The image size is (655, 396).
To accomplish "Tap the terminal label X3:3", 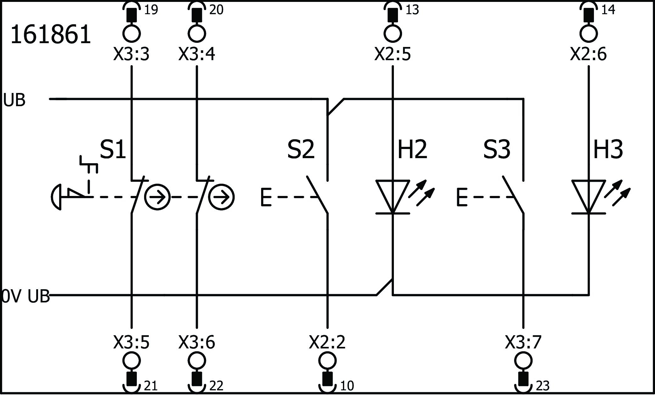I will pyautogui.click(x=131, y=55).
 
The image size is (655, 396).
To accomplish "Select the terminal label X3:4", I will pyautogui.click(x=197, y=55).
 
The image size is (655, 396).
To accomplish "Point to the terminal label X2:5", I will pyautogui.click(x=392, y=55).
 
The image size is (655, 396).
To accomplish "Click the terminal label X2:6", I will pyautogui.click(x=588, y=55).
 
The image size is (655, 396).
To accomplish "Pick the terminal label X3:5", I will pyautogui.click(x=131, y=342).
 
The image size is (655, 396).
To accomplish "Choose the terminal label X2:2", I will pyautogui.click(x=327, y=342).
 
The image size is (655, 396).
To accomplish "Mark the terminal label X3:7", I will pyautogui.click(x=523, y=342).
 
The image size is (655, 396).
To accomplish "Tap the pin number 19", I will pyautogui.click(x=151, y=10).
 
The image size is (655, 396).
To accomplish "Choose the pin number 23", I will pyautogui.click(x=542, y=386).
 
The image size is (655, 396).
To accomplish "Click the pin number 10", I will pyautogui.click(x=347, y=386).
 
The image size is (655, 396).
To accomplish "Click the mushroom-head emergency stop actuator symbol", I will pyautogui.click(x=57, y=197).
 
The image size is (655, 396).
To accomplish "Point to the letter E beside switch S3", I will pyautogui.click(x=462, y=197).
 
